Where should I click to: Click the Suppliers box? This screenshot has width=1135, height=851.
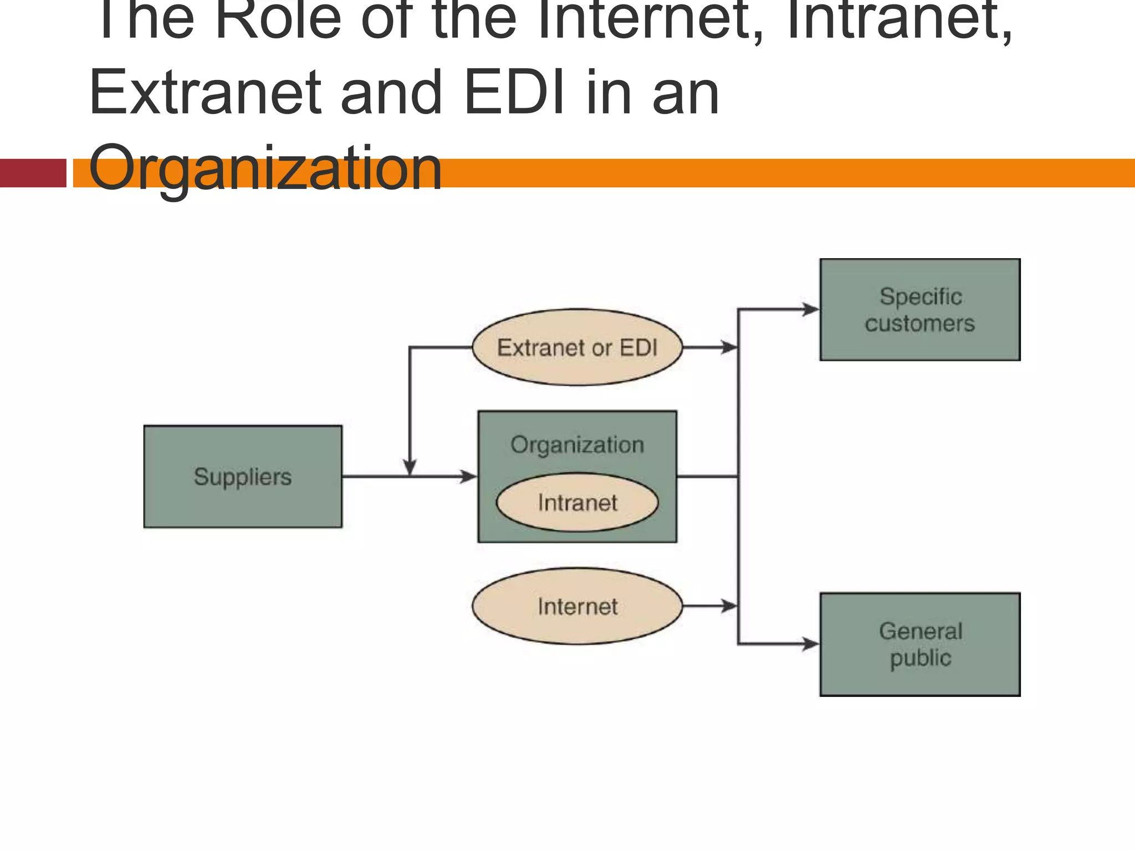tap(243, 476)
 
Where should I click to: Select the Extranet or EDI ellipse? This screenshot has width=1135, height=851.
tap(577, 347)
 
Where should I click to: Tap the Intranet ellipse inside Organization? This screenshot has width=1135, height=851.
tap(577, 503)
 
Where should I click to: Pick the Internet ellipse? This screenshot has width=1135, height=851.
tap(577, 606)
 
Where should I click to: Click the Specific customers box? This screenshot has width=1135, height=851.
tap(920, 309)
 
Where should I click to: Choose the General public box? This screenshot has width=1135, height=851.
tap(920, 644)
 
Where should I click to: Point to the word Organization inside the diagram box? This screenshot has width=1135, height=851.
tap(577, 445)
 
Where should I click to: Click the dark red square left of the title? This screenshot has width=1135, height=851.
tap(33, 173)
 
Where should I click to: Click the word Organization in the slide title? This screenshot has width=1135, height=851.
tap(265, 167)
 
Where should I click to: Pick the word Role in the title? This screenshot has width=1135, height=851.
tap(277, 19)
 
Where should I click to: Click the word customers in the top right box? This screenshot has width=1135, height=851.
tap(920, 324)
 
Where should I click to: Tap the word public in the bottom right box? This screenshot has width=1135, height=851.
tap(920, 658)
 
